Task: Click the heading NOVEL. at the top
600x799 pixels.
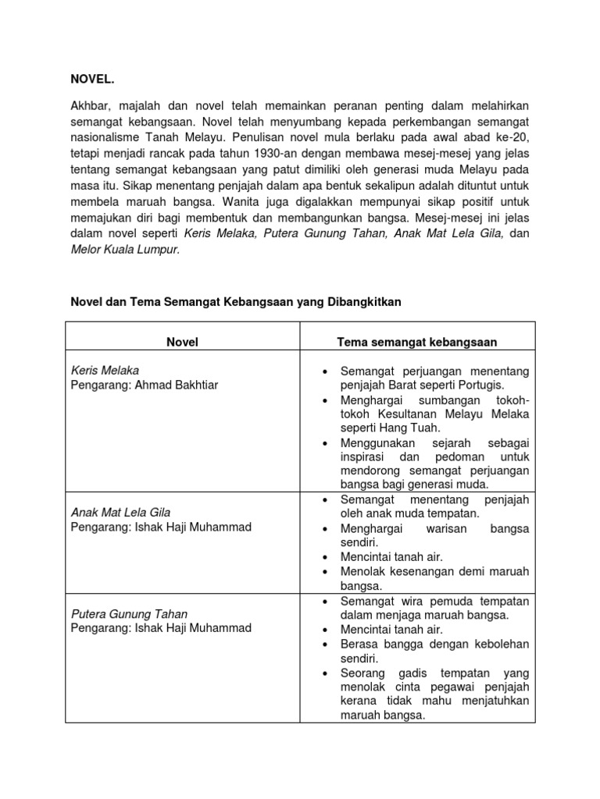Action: coord(92,79)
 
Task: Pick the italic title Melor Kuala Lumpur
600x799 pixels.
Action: coord(125,249)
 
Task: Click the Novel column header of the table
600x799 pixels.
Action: coord(183,342)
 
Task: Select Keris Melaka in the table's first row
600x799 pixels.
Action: coord(105,370)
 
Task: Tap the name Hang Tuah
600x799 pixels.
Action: coord(413,428)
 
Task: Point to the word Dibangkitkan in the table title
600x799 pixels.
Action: coord(363,302)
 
